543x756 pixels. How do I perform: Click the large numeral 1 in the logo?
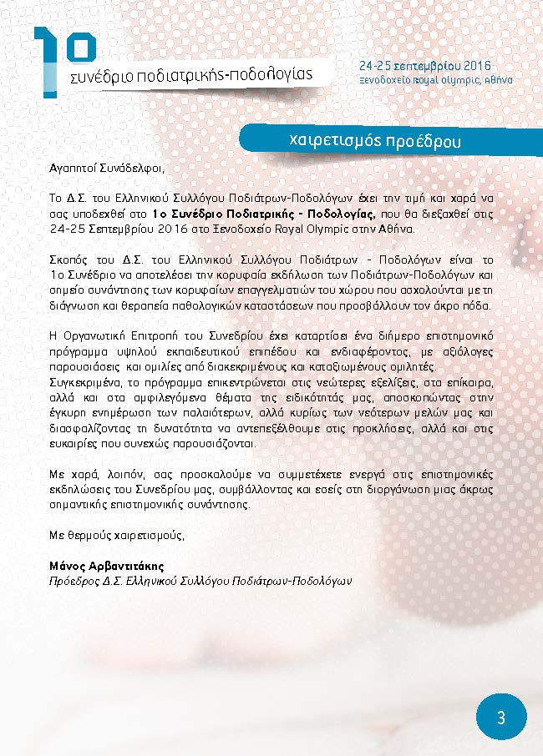[48, 63]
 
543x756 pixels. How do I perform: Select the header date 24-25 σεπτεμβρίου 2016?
[424, 65]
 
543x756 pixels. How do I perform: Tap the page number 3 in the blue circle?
[501, 718]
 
